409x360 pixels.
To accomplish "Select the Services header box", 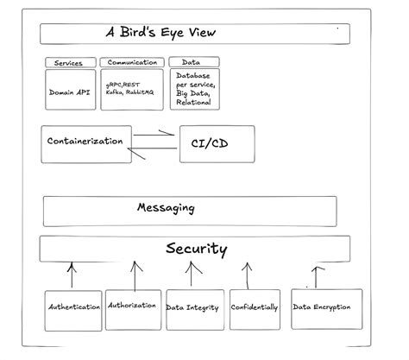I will [70, 63].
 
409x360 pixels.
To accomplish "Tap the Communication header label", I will [131, 63].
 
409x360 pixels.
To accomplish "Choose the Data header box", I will [193, 63].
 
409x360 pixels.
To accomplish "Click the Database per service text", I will [193, 85].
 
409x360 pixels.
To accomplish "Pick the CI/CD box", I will [216, 144].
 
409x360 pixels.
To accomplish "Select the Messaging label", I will [166, 208].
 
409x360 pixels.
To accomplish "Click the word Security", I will [196, 249].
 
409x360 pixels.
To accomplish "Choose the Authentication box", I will [73, 307].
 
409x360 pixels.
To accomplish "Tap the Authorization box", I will [133, 306].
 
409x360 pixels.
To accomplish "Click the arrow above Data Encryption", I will [317, 275].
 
